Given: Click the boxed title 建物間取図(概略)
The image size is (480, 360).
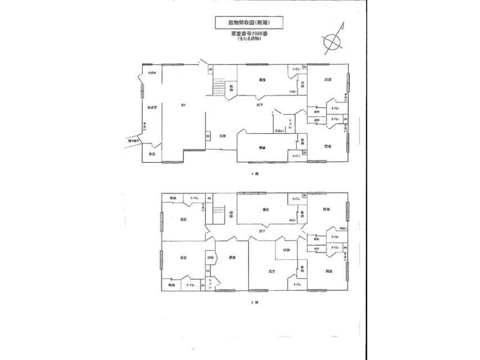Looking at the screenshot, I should pyautogui.click(x=248, y=22).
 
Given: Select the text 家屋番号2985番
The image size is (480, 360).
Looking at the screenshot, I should pyautogui.click(x=247, y=34).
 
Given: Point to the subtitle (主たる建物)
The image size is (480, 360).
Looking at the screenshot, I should pyautogui.click(x=247, y=40).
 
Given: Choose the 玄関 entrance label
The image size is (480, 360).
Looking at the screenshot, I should pyautogui.click(x=222, y=135).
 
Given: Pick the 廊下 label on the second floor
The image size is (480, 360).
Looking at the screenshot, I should pyautogui.click(x=262, y=230).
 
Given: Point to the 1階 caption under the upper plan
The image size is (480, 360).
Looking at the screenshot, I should pyautogui.click(x=254, y=173).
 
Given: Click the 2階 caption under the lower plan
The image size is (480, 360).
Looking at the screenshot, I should pyautogui.click(x=254, y=302).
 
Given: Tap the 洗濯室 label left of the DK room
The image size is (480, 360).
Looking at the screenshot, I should pyautogui.click(x=153, y=107).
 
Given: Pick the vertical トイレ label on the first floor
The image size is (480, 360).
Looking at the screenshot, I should pyautogui.click(x=290, y=124).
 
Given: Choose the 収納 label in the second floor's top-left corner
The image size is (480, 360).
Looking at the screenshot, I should pyautogui.click(x=173, y=197).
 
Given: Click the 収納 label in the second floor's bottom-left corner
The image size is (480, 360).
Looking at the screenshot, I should pyautogui.click(x=172, y=285).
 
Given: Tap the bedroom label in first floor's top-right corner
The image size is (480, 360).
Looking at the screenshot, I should pyautogui.click(x=328, y=79).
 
